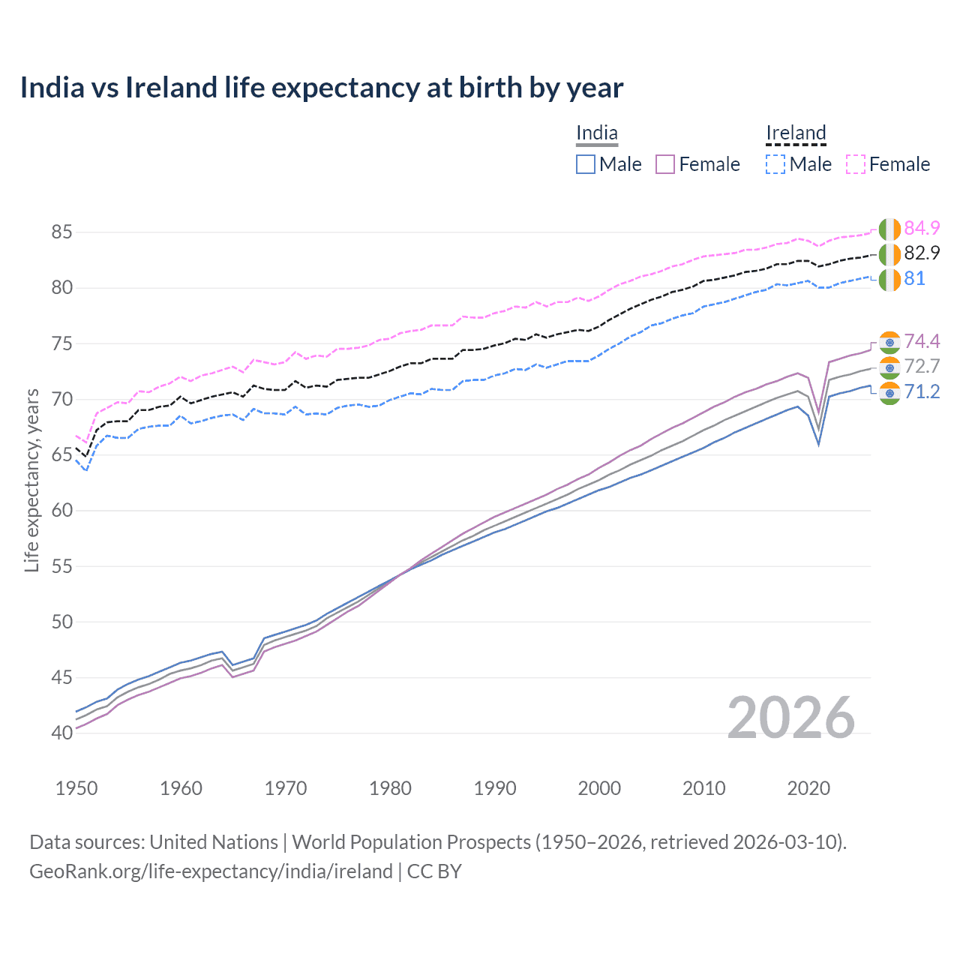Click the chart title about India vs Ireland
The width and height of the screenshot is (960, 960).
(321, 88)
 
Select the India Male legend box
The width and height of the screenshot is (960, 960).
(586, 164)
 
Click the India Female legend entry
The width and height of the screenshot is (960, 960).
(697, 164)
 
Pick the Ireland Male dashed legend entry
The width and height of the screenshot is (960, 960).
(799, 164)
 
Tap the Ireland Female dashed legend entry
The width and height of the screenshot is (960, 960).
(888, 164)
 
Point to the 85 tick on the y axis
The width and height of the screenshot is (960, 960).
(61, 232)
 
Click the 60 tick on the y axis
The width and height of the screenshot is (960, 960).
(61, 511)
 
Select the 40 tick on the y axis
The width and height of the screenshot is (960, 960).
(61, 733)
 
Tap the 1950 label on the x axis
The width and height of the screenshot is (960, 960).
(76, 788)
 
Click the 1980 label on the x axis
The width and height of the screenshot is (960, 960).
(390, 788)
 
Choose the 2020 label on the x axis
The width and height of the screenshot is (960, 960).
(808, 788)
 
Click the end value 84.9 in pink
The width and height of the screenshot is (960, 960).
(922, 229)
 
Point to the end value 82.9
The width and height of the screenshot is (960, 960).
(922, 253)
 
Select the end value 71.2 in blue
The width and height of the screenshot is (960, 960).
(922, 392)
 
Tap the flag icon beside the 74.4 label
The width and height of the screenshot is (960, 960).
(889, 342)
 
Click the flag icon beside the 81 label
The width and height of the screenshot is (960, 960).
(889, 280)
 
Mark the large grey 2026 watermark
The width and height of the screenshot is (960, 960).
(790, 718)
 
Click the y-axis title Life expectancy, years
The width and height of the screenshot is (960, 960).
(32, 480)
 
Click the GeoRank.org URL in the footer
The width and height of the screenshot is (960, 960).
(211, 871)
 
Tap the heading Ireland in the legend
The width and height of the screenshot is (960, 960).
(796, 133)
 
